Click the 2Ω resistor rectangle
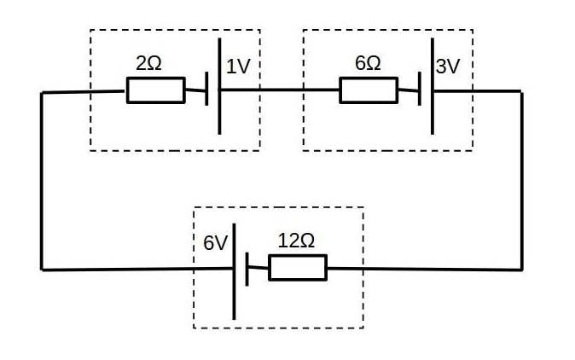(155, 90)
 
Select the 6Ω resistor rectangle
(368, 90)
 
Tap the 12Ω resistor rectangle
(297, 268)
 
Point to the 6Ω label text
(368, 64)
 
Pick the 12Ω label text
(296, 241)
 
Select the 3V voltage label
(448, 66)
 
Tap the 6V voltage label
(215, 243)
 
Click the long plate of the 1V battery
(220, 85)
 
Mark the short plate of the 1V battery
(207, 90)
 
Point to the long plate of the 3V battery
(432, 85)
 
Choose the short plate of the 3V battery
(420, 90)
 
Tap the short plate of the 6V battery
(247, 269)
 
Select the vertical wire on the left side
(41, 179)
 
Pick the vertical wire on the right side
(521, 179)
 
